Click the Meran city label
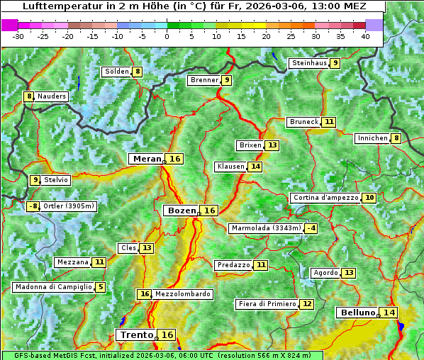pyautogui.click(x=147, y=159)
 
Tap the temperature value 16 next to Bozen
pyautogui.click(x=209, y=210)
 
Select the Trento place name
pyautogui.click(x=136, y=334)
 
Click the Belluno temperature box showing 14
pyautogui.click(x=389, y=313)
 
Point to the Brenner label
pyautogui.click(x=204, y=80)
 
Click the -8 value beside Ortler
pyautogui.click(x=33, y=206)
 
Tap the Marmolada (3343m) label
pyautogui.click(x=266, y=228)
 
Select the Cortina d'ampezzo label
pyautogui.click(x=325, y=198)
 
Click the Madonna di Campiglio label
pyautogui.click(x=53, y=287)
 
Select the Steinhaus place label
pyautogui.click(x=309, y=63)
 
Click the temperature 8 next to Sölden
pyautogui.click(x=138, y=72)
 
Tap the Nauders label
pyautogui.click(x=52, y=96)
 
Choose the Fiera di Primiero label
pyautogui.click(x=267, y=304)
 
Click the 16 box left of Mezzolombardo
pyautogui.click(x=145, y=294)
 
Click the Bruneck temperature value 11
pyautogui.click(x=329, y=122)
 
